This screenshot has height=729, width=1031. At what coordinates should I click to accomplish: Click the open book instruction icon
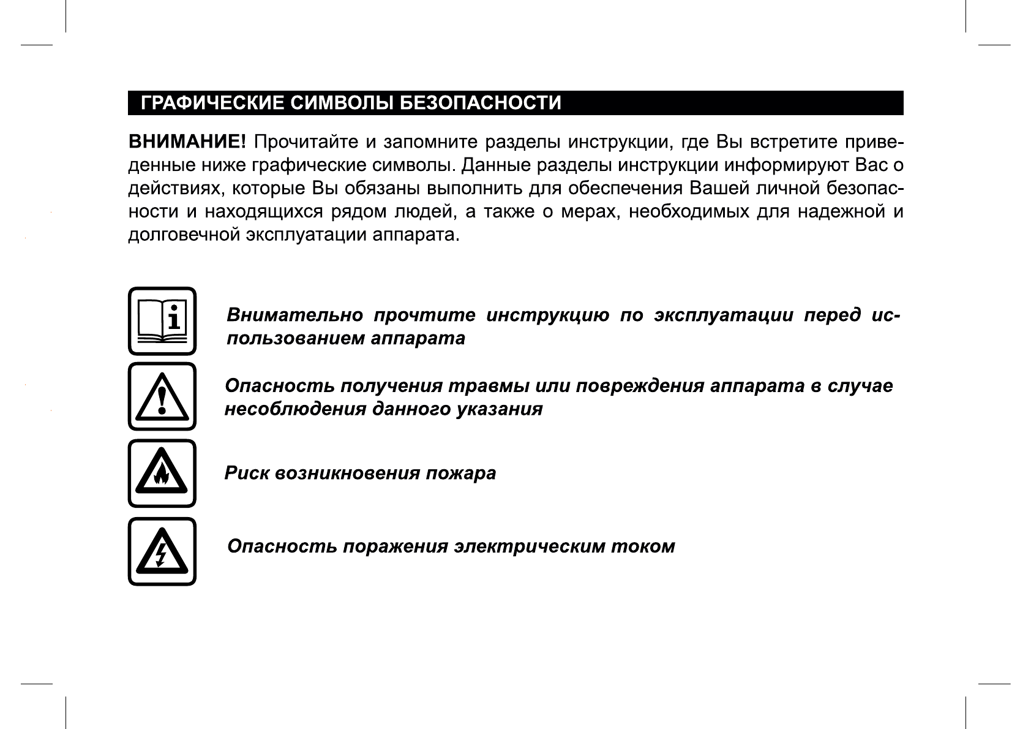tap(162, 320)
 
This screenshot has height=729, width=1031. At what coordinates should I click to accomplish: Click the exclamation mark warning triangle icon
tap(162, 396)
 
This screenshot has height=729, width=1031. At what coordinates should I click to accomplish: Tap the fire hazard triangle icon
tap(162, 473)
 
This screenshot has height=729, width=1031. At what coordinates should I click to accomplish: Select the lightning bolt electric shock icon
tap(162, 551)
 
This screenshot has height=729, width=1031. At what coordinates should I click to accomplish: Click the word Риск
tap(246, 474)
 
